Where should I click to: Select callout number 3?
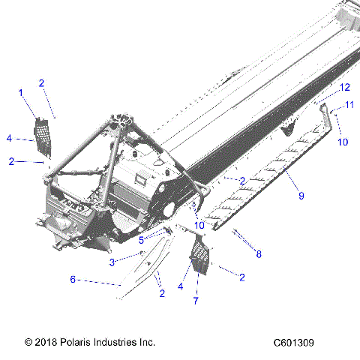(112, 262)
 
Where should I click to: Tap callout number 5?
(140, 240)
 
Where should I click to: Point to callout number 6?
(73, 279)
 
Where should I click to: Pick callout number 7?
(196, 301)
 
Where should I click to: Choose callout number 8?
(259, 254)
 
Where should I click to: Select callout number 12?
(344, 88)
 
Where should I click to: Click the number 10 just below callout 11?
(342, 142)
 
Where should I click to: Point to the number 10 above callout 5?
(199, 225)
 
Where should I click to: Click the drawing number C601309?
(293, 342)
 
